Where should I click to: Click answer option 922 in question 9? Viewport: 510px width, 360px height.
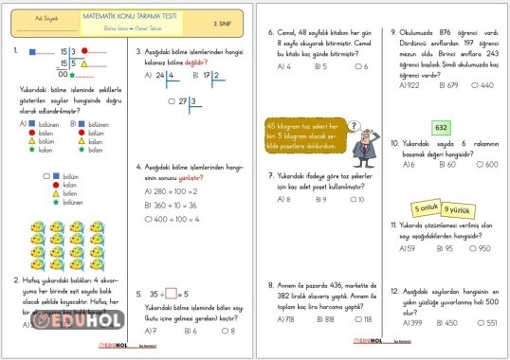click(413, 84)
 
